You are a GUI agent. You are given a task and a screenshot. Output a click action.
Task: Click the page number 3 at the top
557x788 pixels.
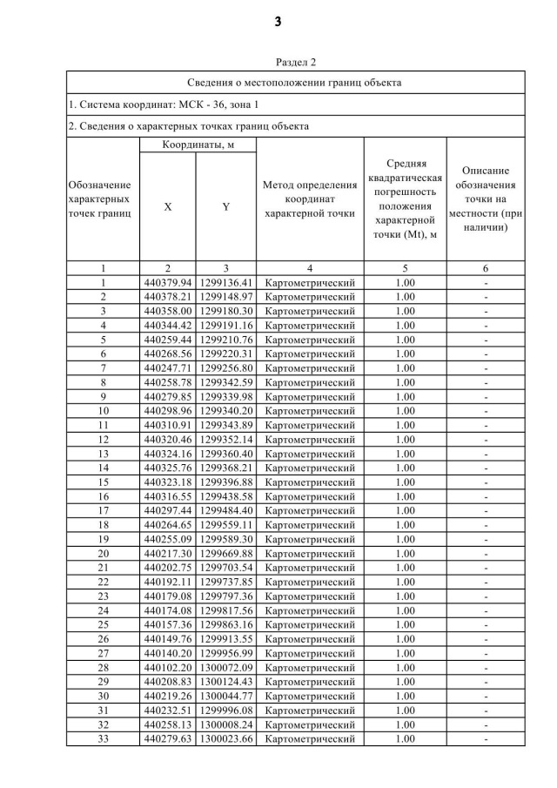pos(278,23)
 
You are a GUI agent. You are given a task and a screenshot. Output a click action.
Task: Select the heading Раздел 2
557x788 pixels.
pos(296,63)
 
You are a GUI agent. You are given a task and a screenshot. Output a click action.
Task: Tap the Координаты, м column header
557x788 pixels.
pos(198,144)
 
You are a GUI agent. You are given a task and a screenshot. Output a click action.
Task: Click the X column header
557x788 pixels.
pos(167,207)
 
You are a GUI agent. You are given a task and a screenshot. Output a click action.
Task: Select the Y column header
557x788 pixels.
pos(225,207)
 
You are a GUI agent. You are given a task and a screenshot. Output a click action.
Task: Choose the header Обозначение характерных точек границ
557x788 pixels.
pos(103,199)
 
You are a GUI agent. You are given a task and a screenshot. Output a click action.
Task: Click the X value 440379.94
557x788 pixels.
pos(167,283)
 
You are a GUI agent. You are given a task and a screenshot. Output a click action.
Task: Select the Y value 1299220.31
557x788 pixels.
pos(225,354)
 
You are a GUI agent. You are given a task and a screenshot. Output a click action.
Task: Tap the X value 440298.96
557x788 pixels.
pos(167,410)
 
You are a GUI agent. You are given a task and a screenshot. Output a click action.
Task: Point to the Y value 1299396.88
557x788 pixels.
pos(225,482)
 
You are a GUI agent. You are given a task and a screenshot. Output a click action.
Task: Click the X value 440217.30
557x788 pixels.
pos(167,553)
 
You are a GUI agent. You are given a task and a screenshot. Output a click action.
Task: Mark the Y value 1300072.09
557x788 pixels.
pos(225,667)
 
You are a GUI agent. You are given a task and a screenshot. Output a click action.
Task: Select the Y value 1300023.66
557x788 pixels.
pos(225,738)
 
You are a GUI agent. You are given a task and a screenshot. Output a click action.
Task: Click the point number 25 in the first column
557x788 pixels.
pos(103,624)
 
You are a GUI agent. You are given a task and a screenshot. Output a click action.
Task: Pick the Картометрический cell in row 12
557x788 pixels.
pos(310,439)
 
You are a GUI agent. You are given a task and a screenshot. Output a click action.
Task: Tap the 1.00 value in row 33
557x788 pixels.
pos(405,738)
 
